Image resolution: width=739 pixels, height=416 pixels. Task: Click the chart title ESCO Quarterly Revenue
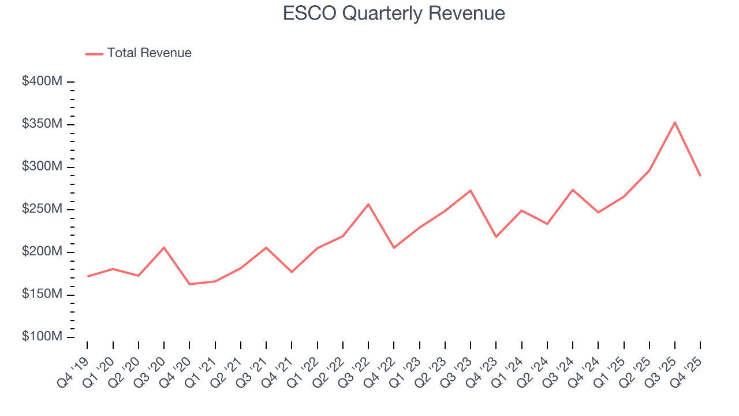[x=394, y=13]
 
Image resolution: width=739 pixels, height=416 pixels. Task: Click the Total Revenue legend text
[x=149, y=53]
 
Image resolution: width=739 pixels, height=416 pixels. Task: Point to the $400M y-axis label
[x=42, y=81]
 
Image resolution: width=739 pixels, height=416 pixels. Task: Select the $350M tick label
[x=42, y=124]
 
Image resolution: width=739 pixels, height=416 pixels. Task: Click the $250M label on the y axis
[x=42, y=209]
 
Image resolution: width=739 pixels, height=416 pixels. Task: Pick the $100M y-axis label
[x=42, y=337]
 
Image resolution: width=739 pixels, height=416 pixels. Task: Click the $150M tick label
[x=42, y=294]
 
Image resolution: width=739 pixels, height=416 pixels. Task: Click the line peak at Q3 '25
[x=675, y=122]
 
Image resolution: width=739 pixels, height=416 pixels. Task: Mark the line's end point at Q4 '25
[x=700, y=176]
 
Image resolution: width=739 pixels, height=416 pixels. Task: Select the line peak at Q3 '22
[x=368, y=204]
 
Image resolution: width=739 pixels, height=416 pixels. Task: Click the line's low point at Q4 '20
[x=189, y=284]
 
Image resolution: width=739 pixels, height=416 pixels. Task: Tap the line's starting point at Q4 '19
[x=88, y=276]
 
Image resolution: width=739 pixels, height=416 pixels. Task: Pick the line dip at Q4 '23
[x=496, y=237]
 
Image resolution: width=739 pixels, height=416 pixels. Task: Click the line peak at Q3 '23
[x=471, y=191]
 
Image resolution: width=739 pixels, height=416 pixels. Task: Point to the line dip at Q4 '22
[x=394, y=248]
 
